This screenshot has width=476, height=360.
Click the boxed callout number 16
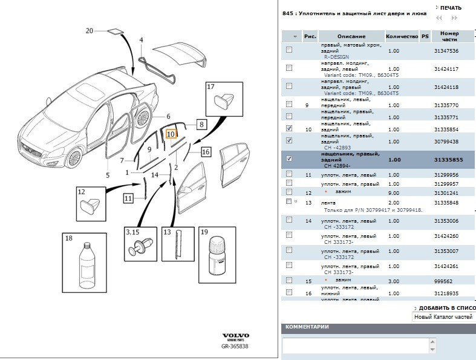206,152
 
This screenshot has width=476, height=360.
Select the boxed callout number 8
202,125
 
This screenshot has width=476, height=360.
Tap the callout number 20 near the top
90,30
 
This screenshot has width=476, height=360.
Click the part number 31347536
446,51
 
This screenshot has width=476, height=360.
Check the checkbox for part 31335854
289,128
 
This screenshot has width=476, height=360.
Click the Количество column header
402,36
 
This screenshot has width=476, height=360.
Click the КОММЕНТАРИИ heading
307,327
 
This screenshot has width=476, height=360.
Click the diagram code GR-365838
235,347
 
